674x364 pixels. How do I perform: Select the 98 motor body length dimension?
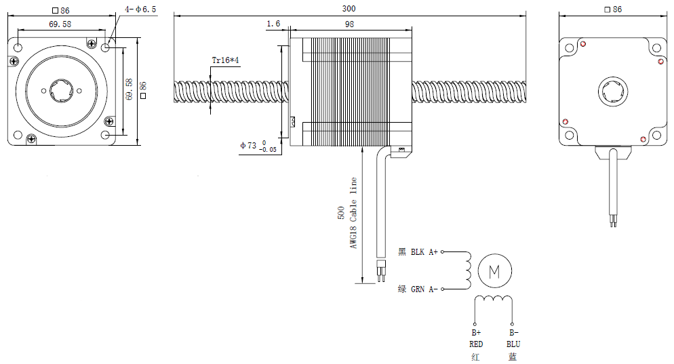(x=349, y=24)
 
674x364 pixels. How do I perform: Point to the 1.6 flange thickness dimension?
(x=273, y=24)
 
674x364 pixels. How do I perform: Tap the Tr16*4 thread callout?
(x=225, y=60)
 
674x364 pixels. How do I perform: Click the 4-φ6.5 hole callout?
(x=140, y=9)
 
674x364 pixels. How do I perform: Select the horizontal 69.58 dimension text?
(x=62, y=24)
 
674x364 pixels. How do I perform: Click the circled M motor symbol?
(x=494, y=272)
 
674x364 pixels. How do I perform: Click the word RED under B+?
(x=475, y=344)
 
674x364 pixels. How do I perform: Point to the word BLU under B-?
(x=513, y=344)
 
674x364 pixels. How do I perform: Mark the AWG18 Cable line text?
(x=353, y=213)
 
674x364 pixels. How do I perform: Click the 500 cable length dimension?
(x=341, y=214)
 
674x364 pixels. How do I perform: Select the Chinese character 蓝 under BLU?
(x=513, y=357)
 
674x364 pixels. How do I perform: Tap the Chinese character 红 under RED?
(x=475, y=357)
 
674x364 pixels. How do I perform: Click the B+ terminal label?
(x=475, y=333)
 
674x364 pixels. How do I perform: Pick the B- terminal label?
(x=513, y=333)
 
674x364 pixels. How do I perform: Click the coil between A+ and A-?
(x=467, y=270)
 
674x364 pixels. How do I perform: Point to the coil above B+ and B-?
(x=494, y=300)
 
